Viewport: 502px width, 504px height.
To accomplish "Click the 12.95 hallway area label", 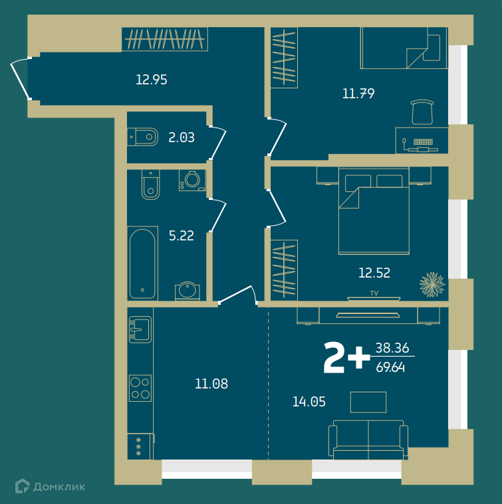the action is (x=152, y=80).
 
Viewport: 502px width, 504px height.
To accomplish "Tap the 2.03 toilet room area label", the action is (x=182, y=137).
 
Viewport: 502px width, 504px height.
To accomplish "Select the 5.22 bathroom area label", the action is (x=182, y=236).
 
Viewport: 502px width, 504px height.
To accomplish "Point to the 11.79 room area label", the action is (x=358, y=94).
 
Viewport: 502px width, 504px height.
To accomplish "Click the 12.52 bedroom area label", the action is (x=374, y=273).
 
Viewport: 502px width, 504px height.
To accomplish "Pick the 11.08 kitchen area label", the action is (x=211, y=383).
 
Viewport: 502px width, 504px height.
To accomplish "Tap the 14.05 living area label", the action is (x=309, y=402).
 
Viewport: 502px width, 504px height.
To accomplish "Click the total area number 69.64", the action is (x=390, y=367).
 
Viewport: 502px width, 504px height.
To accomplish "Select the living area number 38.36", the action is (x=392, y=348).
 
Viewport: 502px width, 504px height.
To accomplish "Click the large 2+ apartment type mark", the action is (x=346, y=357).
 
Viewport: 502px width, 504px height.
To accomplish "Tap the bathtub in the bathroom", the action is (x=142, y=264).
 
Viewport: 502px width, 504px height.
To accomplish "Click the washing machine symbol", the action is (x=192, y=181).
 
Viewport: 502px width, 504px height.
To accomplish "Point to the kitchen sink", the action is (x=140, y=329).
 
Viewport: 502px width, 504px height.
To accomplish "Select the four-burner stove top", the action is (x=140, y=388).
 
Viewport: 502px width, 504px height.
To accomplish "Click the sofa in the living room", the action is (x=368, y=440).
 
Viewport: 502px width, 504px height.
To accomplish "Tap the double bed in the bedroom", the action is (x=374, y=211).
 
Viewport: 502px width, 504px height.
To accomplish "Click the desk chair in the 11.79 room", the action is (x=422, y=112).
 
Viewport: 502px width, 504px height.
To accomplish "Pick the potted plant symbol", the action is (x=432, y=284).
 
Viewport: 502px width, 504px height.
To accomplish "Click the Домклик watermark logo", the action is (x=51, y=486).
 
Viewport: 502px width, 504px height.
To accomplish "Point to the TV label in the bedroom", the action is (x=374, y=293).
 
